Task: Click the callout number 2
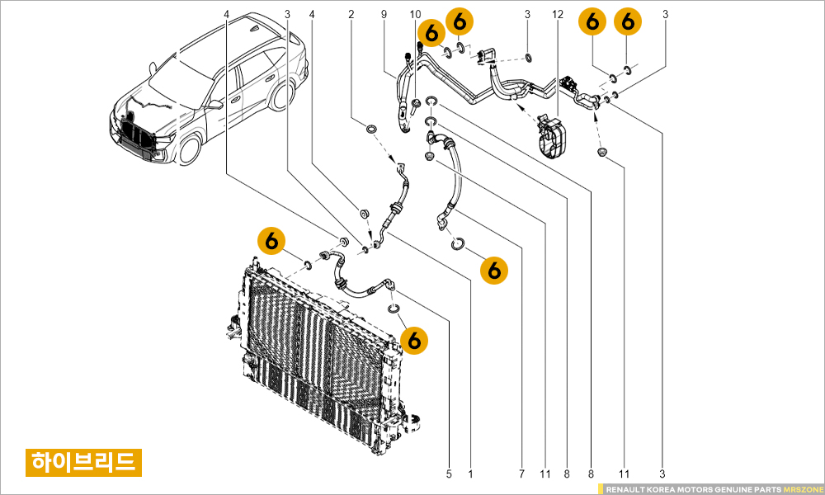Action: click(x=351, y=14)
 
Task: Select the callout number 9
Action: click(x=384, y=14)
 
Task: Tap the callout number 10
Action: click(x=415, y=14)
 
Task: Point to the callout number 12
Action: click(x=558, y=14)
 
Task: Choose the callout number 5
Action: click(x=450, y=474)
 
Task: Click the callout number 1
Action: click(x=470, y=474)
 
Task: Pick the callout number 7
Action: click(x=521, y=474)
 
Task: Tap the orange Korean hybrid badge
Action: click(x=82, y=461)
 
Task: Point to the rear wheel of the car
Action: click(x=280, y=97)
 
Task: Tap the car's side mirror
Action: click(x=215, y=105)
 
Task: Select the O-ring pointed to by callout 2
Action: click(x=371, y=130)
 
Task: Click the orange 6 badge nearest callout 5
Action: click(x=415, y=338)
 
